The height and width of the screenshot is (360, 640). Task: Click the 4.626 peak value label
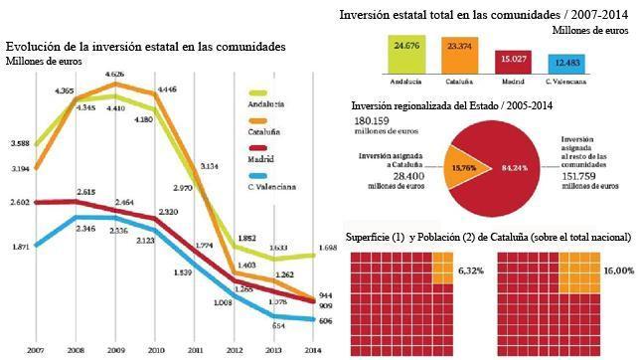click(x=114, y=74)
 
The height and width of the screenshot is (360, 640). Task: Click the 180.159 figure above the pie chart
click(x=374, y=120)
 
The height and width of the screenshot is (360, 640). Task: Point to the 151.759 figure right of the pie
click(x=583, y=179)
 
